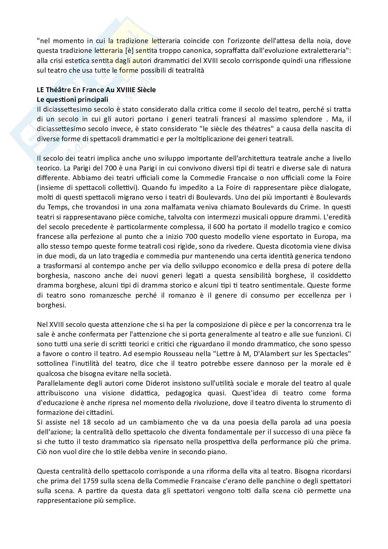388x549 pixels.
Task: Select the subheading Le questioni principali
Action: (x=72, y=99)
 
